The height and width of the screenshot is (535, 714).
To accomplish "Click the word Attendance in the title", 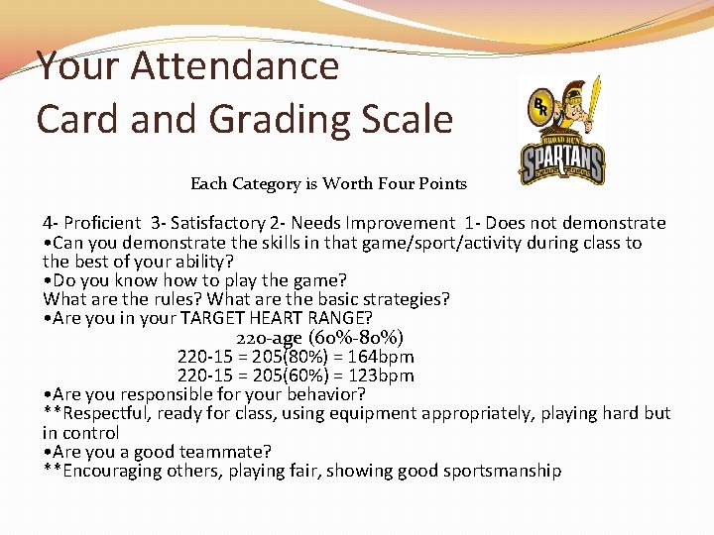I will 234,66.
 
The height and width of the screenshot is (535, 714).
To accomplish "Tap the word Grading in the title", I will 282,120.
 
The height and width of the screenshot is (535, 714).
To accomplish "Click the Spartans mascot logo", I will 562,131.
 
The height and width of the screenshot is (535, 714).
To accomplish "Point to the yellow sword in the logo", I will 593,101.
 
